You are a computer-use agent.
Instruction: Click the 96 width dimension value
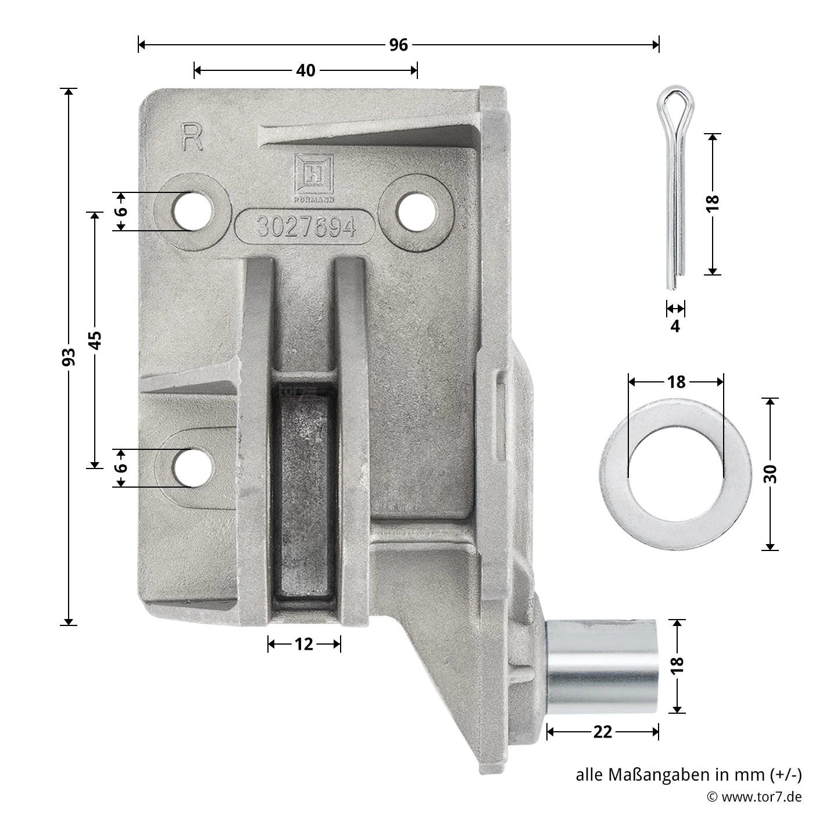(x=398, y=45)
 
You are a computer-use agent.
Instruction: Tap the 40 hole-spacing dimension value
(x=305, y=70)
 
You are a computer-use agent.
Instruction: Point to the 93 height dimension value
(x=69, y=357)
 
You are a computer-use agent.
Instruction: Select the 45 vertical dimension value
(x=95, y=340)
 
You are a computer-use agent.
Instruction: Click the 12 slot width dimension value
(x=303, y=644)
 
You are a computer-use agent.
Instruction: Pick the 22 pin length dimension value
(x=602, y=732)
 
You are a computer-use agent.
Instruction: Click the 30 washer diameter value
(x=770, y=474)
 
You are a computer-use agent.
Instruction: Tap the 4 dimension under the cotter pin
(x=675, y=325)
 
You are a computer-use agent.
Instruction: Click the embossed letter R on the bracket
(x=192, y=137)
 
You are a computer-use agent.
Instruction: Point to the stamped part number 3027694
(x=306, y=227)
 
